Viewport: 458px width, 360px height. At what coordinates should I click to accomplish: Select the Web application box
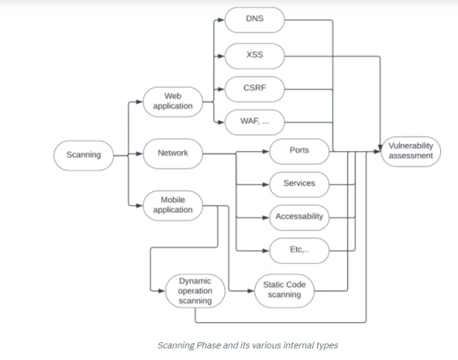[x=172, y=100]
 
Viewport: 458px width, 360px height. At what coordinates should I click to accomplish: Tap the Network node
[x=172, y=154]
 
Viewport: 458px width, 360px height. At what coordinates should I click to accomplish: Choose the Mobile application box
[x=172, y=205]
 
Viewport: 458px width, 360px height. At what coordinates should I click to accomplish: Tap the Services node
[x=299, y=184]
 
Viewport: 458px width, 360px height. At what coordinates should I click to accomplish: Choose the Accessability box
[x=299, y=217]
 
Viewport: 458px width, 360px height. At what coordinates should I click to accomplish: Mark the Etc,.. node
[x=299, y=251]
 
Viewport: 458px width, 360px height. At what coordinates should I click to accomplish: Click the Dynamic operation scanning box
[x=195, y=291]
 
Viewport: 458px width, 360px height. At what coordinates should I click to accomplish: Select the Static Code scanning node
[x=284, y=290]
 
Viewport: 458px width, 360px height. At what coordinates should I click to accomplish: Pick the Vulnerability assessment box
[x=410, y=151]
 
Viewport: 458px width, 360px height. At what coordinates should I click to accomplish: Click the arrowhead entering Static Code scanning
[x=250, y=290]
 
